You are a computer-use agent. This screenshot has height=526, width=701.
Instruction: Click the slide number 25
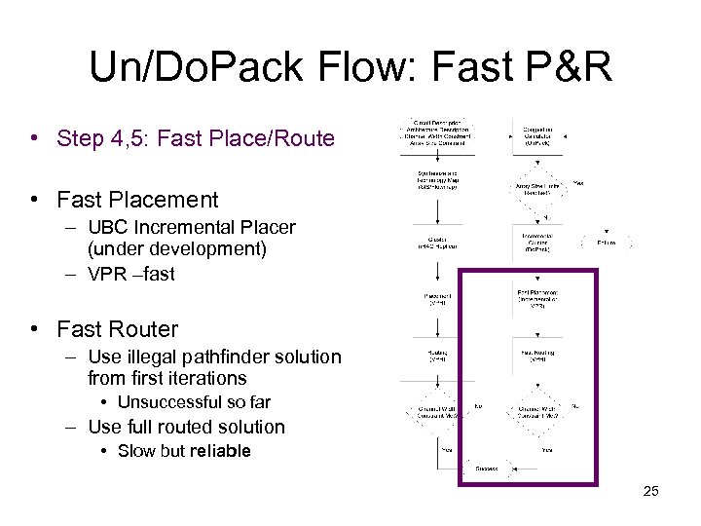tap(651, 491)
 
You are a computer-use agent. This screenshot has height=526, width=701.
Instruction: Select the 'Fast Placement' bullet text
tap(137, 200)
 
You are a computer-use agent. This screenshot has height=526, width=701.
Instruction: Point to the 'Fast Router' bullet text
tap(118, 329)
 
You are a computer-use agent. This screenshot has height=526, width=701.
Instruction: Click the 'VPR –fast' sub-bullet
tap(130, 274)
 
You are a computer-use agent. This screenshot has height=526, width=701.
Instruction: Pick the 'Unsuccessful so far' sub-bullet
tap(194, 402)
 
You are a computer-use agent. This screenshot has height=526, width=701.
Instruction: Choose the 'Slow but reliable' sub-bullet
tap(184, 451)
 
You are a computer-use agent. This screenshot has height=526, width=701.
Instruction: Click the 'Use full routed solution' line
tap(186, 427)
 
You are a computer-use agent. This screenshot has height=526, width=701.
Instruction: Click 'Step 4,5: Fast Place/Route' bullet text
tap(195, 138)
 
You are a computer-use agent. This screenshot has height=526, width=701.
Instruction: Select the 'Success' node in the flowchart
tap(486, 469)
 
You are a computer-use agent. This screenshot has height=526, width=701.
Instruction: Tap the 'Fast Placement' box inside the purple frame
tap(536, 297)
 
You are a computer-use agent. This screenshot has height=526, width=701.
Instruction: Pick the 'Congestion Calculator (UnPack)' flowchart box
tap(537, 136)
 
